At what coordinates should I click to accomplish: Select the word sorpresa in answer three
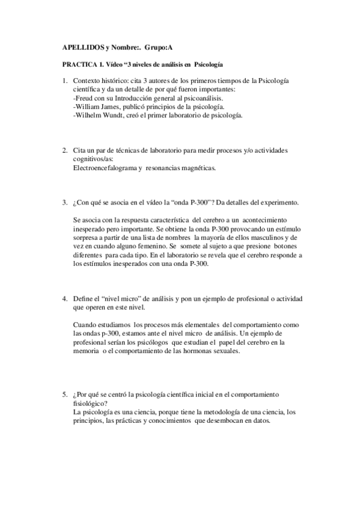click(85, 239)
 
